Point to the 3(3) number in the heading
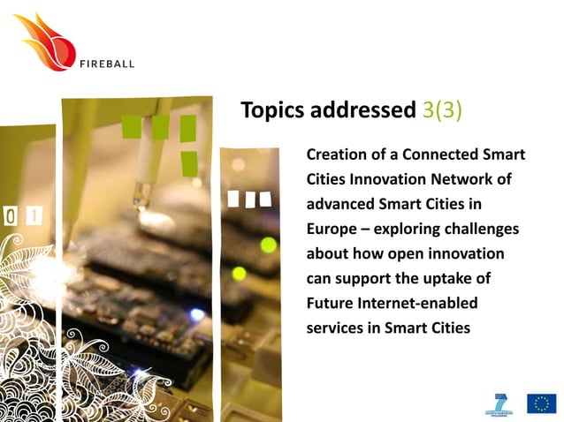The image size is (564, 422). [x=440, y=110]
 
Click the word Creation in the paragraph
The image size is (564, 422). [x=336, y=154]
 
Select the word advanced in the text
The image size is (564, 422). [x=337, y=204]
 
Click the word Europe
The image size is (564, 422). [x=331, y=229]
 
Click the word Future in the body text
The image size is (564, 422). [x=330, y=303]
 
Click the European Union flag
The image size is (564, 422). [x=541, y=403]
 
